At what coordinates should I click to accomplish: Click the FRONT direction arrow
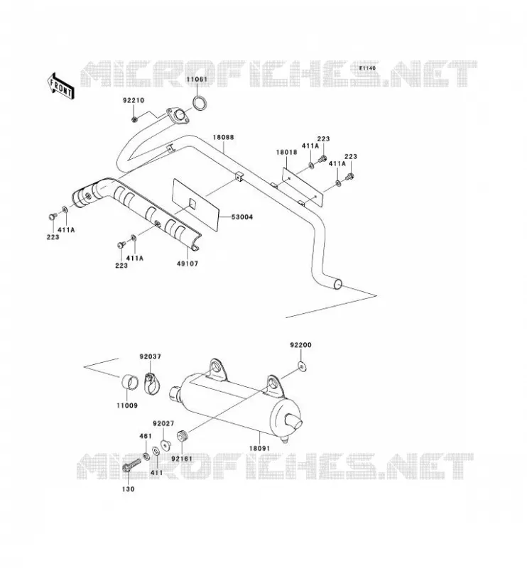(60, 86)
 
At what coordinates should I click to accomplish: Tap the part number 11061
(197, 80)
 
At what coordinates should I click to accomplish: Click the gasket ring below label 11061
(200, 103)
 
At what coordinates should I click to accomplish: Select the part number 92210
(134, 100)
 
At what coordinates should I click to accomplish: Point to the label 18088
(223, 137)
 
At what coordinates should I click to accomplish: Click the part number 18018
(286, 152)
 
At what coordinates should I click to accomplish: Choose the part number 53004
(242, 217)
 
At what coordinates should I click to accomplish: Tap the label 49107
(188, 263)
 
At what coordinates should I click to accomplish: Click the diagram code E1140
(367, 68)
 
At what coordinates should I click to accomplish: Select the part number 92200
(300, 345)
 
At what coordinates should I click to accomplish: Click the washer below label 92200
(303, 367)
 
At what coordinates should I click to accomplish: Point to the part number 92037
(150, 356)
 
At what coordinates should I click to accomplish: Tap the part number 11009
(127, 405)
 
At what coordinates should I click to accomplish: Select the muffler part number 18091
(259, 448)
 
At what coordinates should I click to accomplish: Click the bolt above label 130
(131, 465)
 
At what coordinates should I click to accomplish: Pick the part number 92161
(182, 459)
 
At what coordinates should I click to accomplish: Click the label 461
(146, 436)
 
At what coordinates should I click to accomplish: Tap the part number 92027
(163, 423)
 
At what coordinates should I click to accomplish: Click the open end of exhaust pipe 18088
(337, 285)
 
